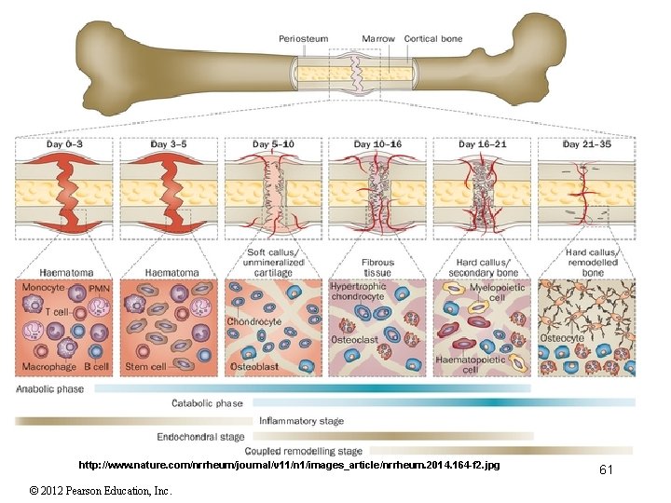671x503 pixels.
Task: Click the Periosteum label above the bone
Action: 303,38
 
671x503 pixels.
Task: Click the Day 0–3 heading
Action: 65,144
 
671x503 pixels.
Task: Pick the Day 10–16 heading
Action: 377,144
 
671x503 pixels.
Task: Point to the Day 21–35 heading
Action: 587,144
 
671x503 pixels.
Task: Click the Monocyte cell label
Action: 43,288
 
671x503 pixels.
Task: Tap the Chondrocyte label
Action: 254,321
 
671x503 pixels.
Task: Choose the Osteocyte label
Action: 563,339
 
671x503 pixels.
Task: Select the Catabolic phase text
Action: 207,403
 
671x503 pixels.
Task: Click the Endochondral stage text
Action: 201,436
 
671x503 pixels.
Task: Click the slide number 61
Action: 606,470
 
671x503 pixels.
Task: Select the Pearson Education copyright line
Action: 100,490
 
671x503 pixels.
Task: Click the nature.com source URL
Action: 289,464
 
